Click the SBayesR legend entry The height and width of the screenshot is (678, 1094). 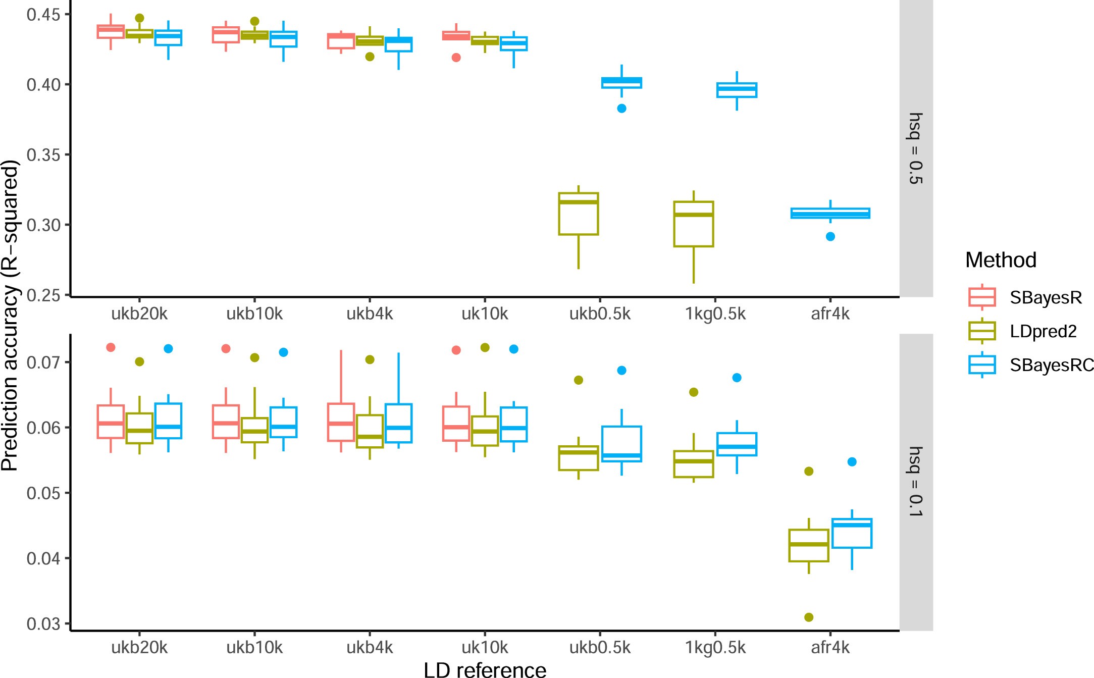point(1045,297)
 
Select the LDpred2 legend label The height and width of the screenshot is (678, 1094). point(1043,331)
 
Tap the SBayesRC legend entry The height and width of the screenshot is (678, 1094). point(1051,364)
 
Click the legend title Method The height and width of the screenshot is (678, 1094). point(1000,260)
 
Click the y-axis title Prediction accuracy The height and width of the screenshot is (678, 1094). point(10,316)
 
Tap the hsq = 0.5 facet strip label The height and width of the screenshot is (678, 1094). point(915,148)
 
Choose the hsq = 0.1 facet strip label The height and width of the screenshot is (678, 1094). point(915,482)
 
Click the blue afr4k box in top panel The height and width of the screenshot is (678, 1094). point(830,213)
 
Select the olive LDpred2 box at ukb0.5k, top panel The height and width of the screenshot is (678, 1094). point(578,214)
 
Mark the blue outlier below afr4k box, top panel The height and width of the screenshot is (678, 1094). point(830,236)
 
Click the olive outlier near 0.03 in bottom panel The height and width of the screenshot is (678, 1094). point(808,617)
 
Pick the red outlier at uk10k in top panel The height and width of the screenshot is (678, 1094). point(456,58)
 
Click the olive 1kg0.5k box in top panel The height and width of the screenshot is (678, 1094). point(693,224)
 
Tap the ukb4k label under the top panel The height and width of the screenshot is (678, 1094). point(369,314)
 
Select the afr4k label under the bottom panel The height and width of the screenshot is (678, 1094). point(830,647)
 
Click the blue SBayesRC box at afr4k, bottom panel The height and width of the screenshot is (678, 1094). point(852,533)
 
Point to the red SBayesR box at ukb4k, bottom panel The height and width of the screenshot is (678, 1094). point(341,422)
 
